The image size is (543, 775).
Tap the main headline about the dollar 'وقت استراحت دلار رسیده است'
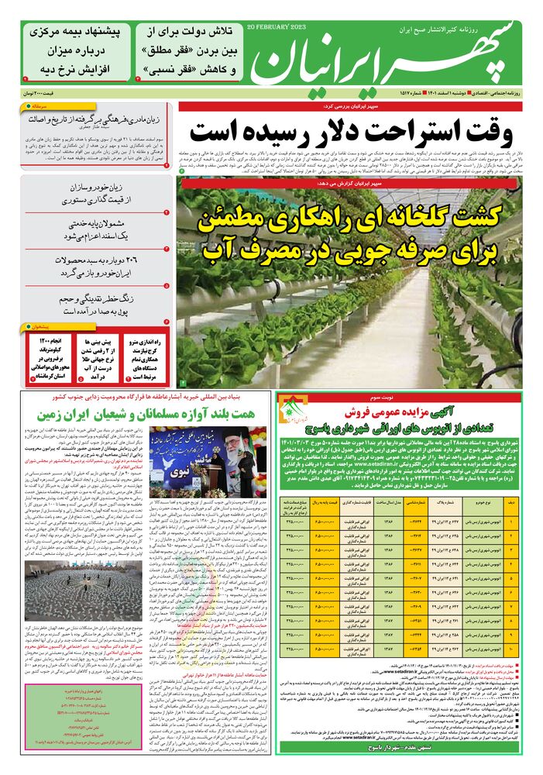click(352, 131)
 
